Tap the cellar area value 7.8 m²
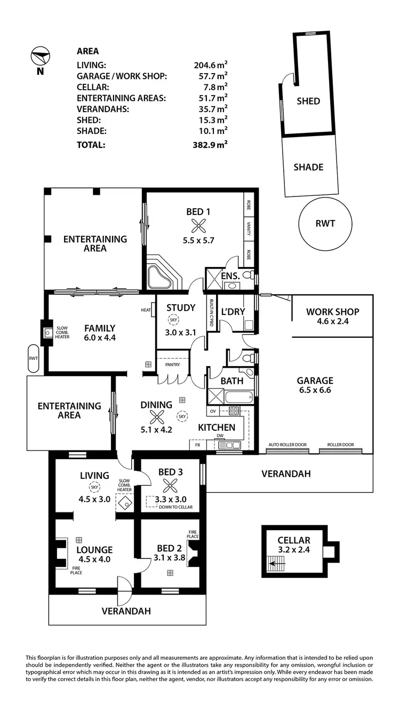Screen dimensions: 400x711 [215, 86]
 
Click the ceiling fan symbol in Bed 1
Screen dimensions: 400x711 [198, 226]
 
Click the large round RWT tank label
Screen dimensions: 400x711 [325, 223]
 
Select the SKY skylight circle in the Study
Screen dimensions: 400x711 [174, 320]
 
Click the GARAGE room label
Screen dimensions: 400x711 [315, 381]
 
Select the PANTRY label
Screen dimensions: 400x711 [172, 365]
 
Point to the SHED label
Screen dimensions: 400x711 [308, 101]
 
